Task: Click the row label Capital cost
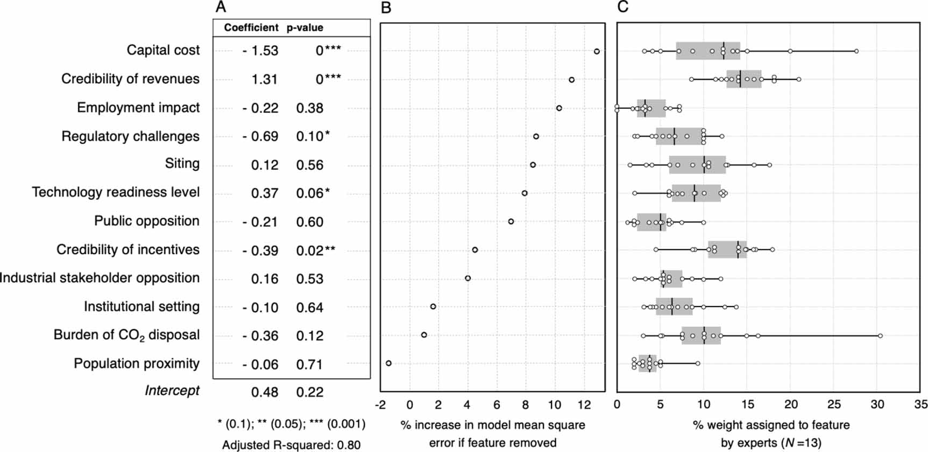(163, 50)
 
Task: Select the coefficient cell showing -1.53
(260, 51)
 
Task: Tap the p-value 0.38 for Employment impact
(310, 108)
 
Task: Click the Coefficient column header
(251, 27)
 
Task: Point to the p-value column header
(304, 27)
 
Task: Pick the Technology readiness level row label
(116, 192)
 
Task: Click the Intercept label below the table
(172, 391)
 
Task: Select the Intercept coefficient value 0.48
(265, 392)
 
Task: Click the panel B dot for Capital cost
(597, 51)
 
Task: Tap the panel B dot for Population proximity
(388, 363)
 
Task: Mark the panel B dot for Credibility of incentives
(475, 250)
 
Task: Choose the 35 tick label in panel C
(920, 405)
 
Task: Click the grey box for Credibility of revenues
(744, 79)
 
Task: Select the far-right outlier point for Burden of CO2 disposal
(880, 336)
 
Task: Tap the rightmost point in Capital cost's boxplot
(856, 51)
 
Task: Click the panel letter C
(622, 7)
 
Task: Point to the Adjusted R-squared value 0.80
(352, 445)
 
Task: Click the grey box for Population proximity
(647, 364)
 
